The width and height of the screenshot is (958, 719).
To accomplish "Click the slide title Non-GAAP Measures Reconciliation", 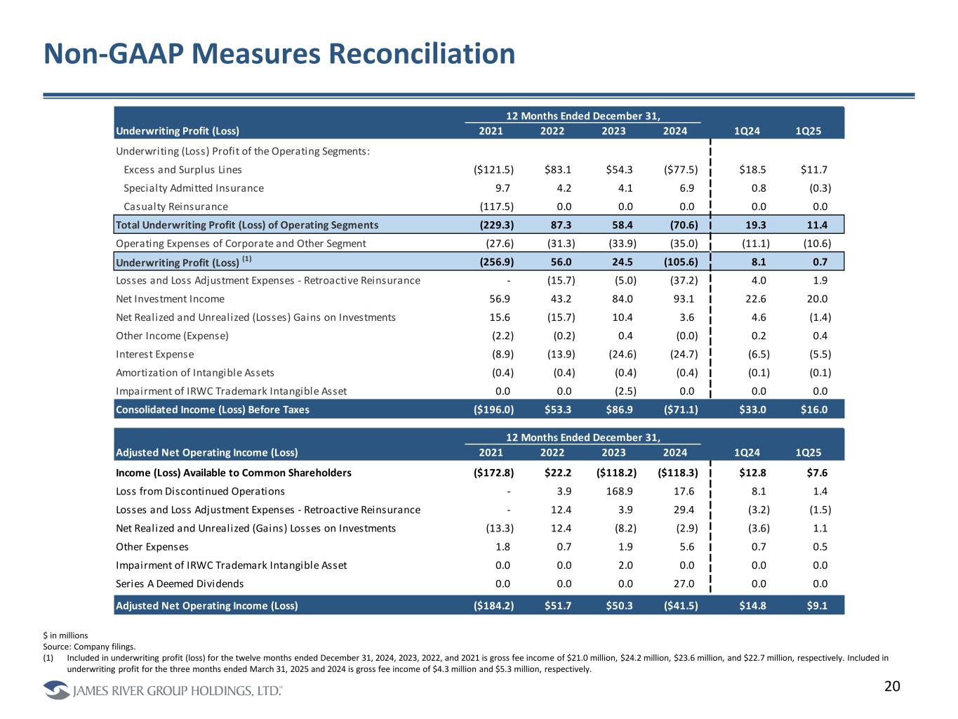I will coord(279,54).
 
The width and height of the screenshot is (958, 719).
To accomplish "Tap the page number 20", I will coord(891,687).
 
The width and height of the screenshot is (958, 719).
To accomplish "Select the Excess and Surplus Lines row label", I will coord(182,169).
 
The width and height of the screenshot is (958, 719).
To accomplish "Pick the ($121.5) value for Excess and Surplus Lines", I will coord(493,169).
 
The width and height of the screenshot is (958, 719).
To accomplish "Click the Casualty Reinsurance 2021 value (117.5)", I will coord(495,206).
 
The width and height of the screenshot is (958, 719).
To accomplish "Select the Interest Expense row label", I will coord(154,355).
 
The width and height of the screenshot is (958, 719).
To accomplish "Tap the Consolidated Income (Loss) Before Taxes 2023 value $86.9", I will coord(619,409).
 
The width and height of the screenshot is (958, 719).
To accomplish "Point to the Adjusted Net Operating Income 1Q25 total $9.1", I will coord(817,605).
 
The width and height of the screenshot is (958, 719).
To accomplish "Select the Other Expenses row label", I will coord(152,547).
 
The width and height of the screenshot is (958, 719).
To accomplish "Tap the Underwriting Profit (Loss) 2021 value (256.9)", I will coord(495,262).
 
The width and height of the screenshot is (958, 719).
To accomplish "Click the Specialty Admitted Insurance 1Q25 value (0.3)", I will coord(818,188).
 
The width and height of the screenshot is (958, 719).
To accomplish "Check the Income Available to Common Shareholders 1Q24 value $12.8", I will coord(754,473).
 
